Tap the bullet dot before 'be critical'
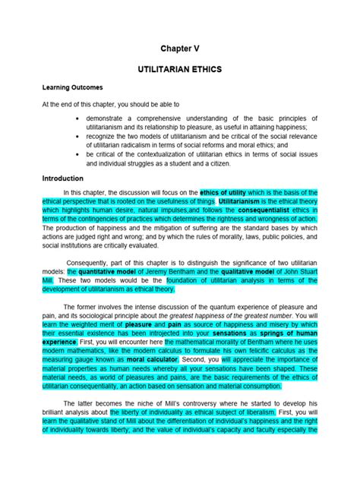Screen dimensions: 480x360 coord(79,154)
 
